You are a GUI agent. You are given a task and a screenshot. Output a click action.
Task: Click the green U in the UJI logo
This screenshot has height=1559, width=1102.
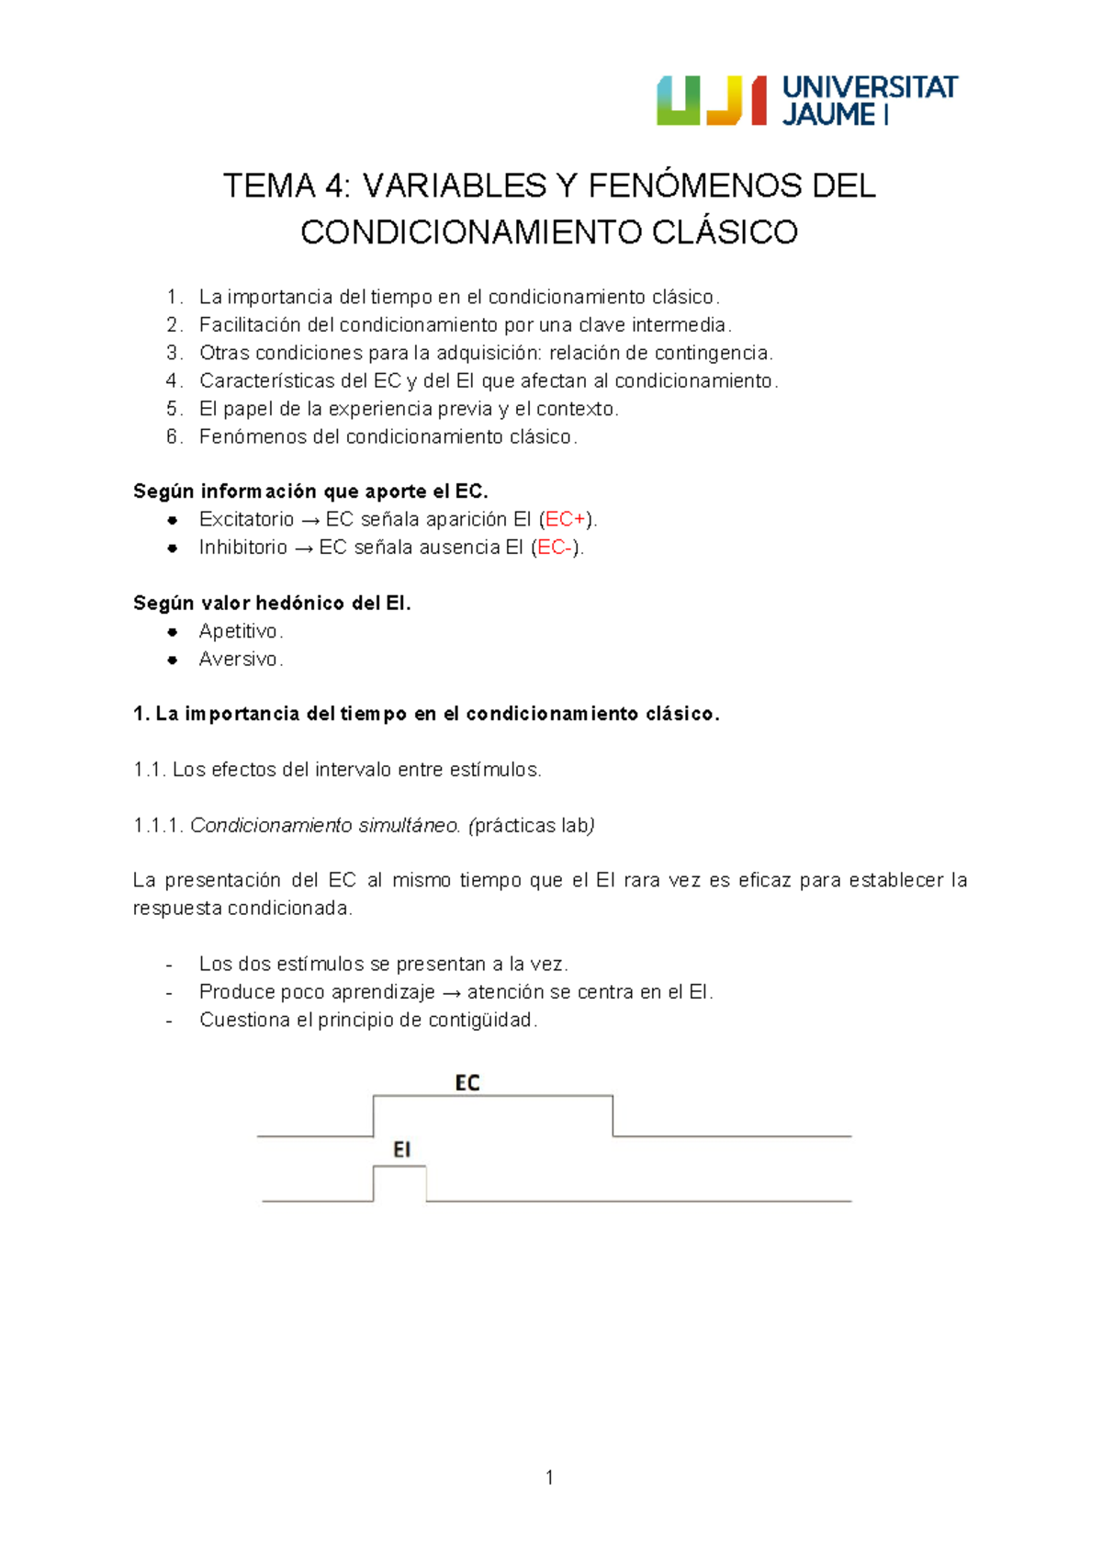pos(678,100)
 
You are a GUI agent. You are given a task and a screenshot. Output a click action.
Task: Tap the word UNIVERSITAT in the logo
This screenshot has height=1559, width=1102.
pos(870,87)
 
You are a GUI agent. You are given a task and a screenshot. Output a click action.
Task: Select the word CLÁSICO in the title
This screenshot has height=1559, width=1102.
pos(725,232)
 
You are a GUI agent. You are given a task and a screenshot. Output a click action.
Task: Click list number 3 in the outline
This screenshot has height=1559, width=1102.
pos(174,353)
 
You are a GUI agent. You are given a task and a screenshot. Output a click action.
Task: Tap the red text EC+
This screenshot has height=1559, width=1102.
pos(565,520)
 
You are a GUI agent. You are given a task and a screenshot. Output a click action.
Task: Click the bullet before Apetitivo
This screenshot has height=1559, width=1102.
pos(172,632)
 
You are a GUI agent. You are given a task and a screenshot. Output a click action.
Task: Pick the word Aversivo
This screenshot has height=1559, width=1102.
pos(238,660)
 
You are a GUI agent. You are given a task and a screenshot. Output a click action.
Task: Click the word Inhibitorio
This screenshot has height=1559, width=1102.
pos(243,548)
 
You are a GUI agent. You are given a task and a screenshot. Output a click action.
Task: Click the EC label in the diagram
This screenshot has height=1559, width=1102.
pos(467,1083)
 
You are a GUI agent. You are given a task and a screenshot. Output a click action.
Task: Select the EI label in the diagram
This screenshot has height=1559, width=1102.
pos(401,1149)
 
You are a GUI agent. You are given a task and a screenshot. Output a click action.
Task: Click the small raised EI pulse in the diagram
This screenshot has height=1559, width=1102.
pos(399,1183)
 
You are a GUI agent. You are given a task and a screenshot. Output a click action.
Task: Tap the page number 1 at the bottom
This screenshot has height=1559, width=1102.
pos(549,1477)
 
